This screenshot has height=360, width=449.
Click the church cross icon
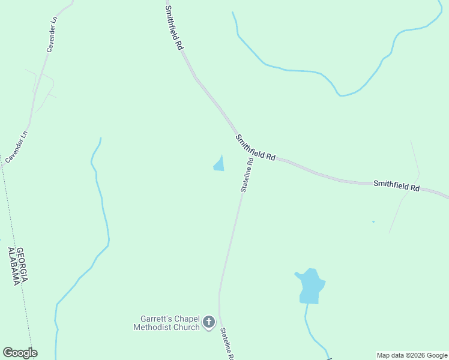[209, 323]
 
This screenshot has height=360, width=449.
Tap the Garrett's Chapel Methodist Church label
[166, 323]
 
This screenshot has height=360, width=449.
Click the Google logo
[20, 353]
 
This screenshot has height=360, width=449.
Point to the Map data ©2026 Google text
[412, 355]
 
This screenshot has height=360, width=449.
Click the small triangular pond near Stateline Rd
[220, 164]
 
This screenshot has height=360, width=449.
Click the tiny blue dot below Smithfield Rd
[373, 222]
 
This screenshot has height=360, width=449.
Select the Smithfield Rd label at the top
[173, 28]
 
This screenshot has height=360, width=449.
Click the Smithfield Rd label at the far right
[396, 185]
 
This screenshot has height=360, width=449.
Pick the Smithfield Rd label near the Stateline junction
[255, 148]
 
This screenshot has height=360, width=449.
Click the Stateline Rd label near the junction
[247, 174]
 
